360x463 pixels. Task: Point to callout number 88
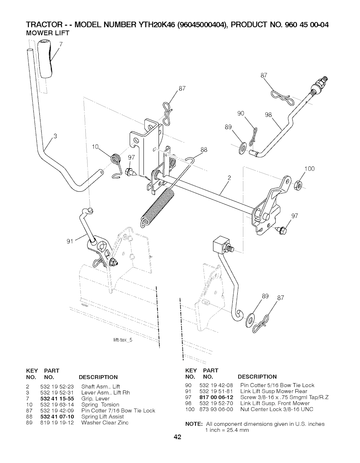pyautogui.click(x=204, y=150)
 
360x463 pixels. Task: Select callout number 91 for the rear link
pyautogui.click(x=70, y=241)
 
